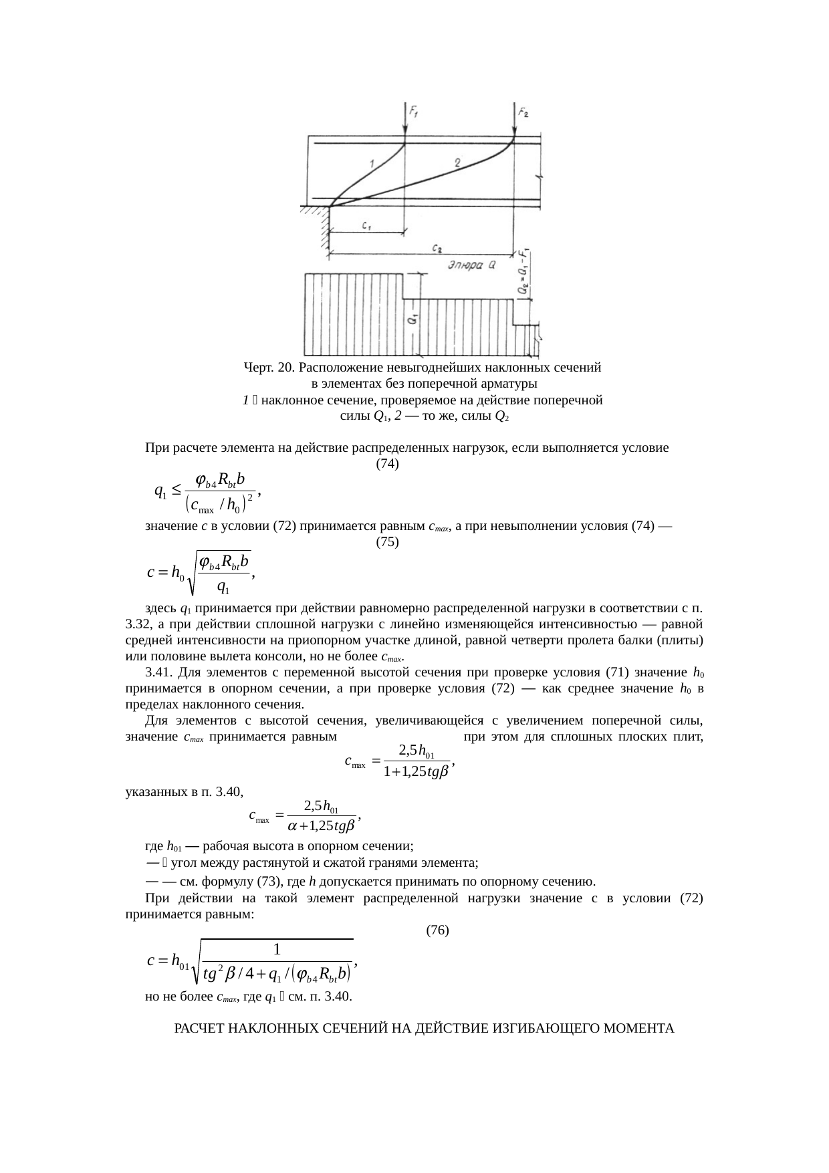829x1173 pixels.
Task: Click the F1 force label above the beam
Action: (x=414, y=113)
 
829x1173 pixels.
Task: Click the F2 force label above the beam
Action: (x=524, y=113)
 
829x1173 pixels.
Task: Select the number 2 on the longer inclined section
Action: (x=457, y=162)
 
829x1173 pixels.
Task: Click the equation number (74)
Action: (x=388, y=463)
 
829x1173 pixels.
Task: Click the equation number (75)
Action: (x=388, y=542)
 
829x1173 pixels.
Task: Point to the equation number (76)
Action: (x=437, y=929)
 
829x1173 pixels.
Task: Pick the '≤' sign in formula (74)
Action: (x=176, y=491)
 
